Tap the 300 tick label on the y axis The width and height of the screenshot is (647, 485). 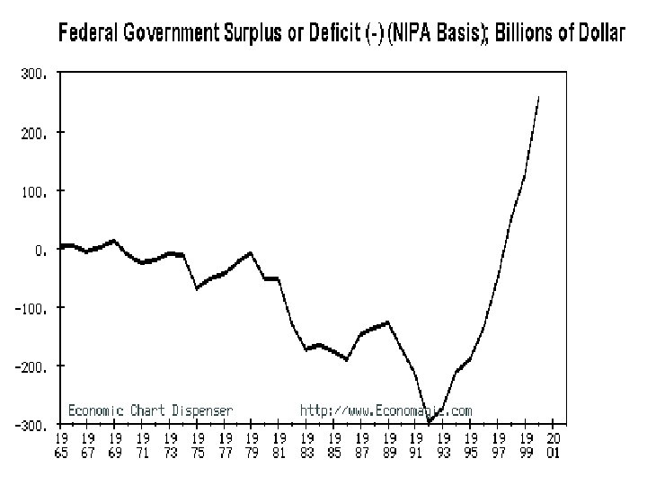(x=32, y=75)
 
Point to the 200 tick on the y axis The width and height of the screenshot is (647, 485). (x=32, y=132)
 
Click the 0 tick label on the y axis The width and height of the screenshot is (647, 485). (x=40, y=251)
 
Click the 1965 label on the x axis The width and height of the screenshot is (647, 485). (x=61, y=445)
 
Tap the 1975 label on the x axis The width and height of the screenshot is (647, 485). (x=198, y=445)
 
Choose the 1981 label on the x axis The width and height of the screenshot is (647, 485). (x=280, y=445)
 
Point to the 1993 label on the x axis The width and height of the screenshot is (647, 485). (x=444, y=445)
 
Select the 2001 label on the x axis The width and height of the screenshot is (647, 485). (x=554, y=445)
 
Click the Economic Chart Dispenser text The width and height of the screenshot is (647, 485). (x=150, y=410)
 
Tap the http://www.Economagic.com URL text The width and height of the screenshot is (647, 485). (x=386, y=410)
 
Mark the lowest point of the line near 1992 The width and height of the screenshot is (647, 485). (x=430, y=422)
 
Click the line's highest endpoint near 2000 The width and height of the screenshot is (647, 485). (x=538, y=96)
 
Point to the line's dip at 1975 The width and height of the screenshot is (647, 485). (x=197, y=288)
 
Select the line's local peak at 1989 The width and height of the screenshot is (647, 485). (x=387, y=322)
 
